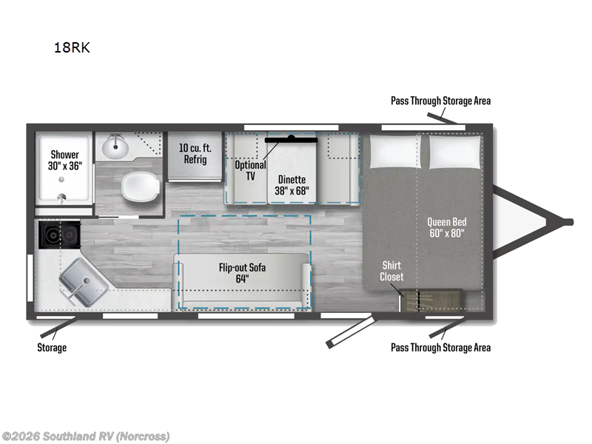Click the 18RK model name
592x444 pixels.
pyautogui.click(x=72, y=47)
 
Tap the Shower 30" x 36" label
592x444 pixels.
pyautogui.click(x=65, y=160)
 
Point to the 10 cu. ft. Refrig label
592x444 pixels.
pyautogui.click(x=195, y=153)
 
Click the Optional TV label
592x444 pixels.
pyautogui.click(x=250, y=170)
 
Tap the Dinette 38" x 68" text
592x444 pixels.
pyautogui.click(x=292, y=185)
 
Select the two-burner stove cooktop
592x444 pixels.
pyautogui.click(x=60, y=235)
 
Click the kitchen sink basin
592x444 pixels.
pyautogui.click(x=83, y=282)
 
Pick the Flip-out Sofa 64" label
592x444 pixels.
pyautogui.click(x=242, y=273)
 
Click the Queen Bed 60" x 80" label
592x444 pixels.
pyautogui.click(x=447, y=227)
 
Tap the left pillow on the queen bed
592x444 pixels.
pyautogui.click(x=395, y=152)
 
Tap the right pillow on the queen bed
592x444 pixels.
pyautogui.click(x=455, y=152)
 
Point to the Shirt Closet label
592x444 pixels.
pyautogui.click(x=391, y=271)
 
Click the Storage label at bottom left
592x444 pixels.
pyautogui.click(x=52, y=347)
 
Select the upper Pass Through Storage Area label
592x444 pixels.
pyautogui.click(x=440, y=101)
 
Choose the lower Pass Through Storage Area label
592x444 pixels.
pyautogui.click(x=440, y=347)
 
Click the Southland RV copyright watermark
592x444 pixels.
pyautogui.click(x=85, y=437)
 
